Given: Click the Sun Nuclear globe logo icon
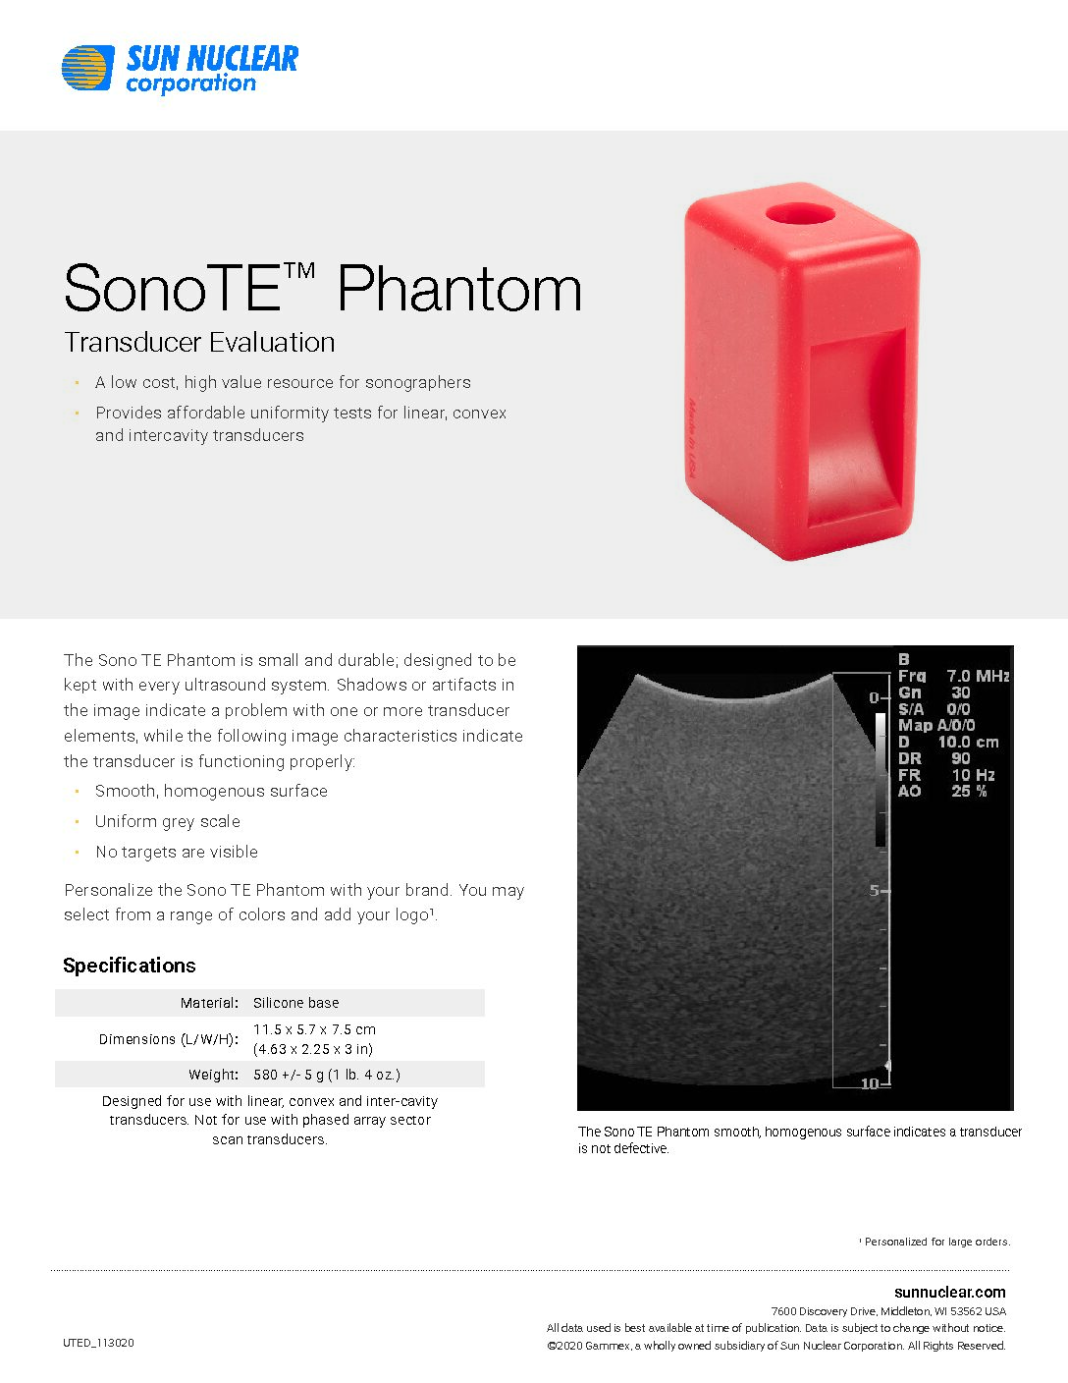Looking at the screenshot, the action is coord(87,68).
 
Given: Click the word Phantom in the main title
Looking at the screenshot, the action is coord(459,289).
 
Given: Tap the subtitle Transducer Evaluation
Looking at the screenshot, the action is coord(199,343).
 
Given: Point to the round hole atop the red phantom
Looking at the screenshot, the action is coord(800,213).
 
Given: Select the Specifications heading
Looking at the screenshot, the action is coord(130,966).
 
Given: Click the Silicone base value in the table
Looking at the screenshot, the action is coord(295,1003).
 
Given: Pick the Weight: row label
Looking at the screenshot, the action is coord(213,1075).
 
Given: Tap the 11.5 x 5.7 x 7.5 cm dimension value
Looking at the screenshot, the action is coord(314,1029).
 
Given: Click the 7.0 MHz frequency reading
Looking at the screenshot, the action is coord(978,676).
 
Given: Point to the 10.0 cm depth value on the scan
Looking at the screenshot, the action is coord(968,743).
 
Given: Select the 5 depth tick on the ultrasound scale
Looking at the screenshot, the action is coord(876,890).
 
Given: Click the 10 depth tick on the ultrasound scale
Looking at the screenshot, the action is coord(870,1083).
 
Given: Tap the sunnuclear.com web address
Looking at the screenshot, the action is coord(949,1292).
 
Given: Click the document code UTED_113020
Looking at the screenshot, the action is coord(98,1343).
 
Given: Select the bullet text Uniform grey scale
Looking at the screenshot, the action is coord(168,822).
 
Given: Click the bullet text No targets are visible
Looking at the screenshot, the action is coord(177,853).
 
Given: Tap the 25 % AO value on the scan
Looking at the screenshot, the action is coord(969,791).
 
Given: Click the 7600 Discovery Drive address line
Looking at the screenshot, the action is coord(888,1311).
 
